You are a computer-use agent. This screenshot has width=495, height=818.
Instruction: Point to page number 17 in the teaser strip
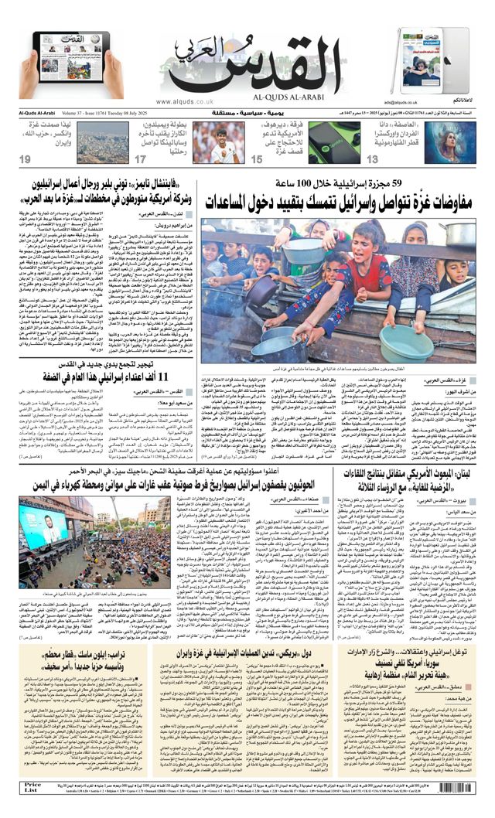(140, 158)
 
